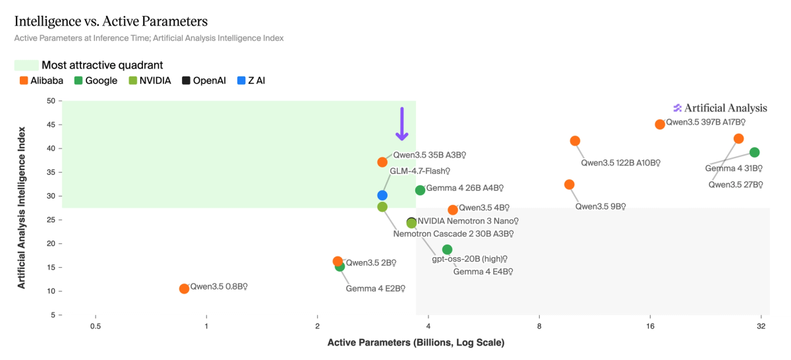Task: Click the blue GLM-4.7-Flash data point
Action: click(382, 195)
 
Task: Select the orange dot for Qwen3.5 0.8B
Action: click(184, 289)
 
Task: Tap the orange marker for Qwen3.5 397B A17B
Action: click(660, 124)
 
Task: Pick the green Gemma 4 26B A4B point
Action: click(420, 190)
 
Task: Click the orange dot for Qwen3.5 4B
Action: click(453, 210)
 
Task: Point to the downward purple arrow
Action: click(401, 124)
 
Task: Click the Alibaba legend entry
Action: click(42, 80)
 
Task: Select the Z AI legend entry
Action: click(252, 80)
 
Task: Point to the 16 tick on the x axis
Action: click(650, 327)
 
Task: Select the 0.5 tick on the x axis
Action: click(96, 327)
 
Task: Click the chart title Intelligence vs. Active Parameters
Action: click(111, 22)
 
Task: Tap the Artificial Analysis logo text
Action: click(725, 108)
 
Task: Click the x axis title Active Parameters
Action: click(415, 343)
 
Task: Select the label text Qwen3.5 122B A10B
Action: click(620, 162)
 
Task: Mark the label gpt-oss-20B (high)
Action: click(469, 258)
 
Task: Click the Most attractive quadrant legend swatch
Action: click(26, 65)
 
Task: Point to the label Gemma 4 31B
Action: click(733, 168)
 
